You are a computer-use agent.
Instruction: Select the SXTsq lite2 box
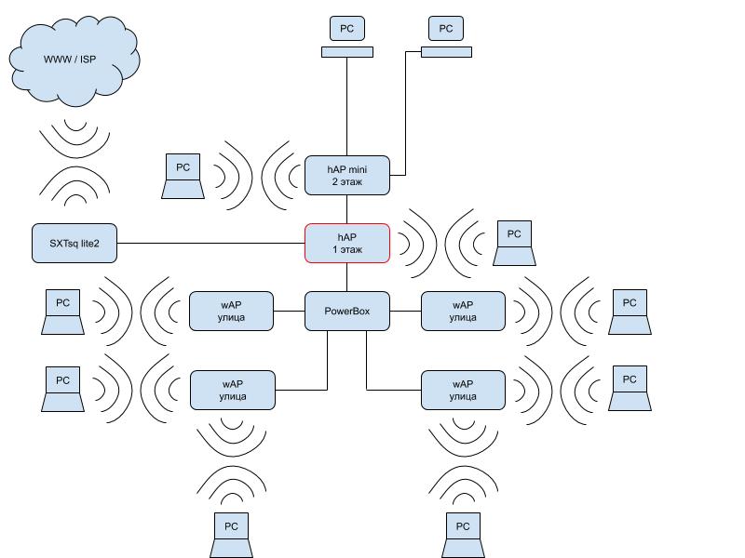click(74, 243)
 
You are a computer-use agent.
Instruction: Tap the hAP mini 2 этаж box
click(346, 175)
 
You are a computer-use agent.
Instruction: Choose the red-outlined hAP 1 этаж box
click(346, 243)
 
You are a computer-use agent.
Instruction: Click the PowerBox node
click(346, 311)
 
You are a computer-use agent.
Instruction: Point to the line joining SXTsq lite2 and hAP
click(210, 244)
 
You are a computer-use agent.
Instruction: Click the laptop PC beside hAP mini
click(183, 177)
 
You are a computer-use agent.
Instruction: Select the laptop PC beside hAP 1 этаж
click(513, 243)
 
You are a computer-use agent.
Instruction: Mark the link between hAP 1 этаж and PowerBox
click(346, 277)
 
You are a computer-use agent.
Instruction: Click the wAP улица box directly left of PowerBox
click(232, 311)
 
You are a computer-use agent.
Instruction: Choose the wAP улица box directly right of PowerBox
click(463, 311)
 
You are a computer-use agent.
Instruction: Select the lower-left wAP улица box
click(232, 390)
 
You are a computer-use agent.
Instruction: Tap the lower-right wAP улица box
click(463, 390)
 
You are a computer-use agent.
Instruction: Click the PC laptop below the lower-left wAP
click(232, 535)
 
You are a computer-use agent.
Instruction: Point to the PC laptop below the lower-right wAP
click(463, 535)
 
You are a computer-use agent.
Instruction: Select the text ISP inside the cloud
click(88, 60)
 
